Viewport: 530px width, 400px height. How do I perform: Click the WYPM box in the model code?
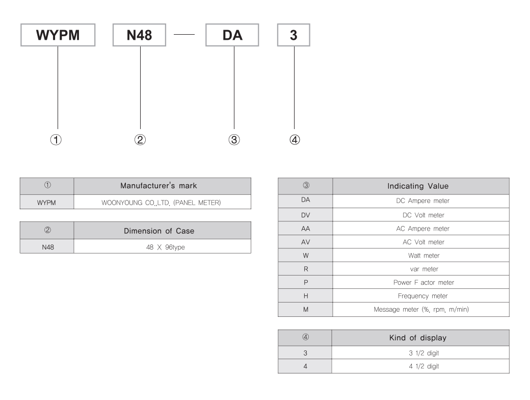58,35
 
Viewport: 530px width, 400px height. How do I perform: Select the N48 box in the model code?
139,35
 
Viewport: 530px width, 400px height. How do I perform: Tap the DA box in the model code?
232,35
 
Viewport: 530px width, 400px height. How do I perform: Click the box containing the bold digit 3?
294,35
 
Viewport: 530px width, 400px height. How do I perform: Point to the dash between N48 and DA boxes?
184,35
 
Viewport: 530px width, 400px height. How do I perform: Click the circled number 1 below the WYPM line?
56,140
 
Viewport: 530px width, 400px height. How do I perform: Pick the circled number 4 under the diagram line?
295,140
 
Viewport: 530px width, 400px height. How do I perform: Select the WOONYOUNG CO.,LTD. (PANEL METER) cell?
162,203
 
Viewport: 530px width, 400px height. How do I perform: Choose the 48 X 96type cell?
162,247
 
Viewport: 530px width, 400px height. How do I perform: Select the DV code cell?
306,215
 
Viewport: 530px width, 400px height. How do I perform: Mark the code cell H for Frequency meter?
306,296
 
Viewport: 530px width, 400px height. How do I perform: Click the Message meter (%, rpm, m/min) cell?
421,309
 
